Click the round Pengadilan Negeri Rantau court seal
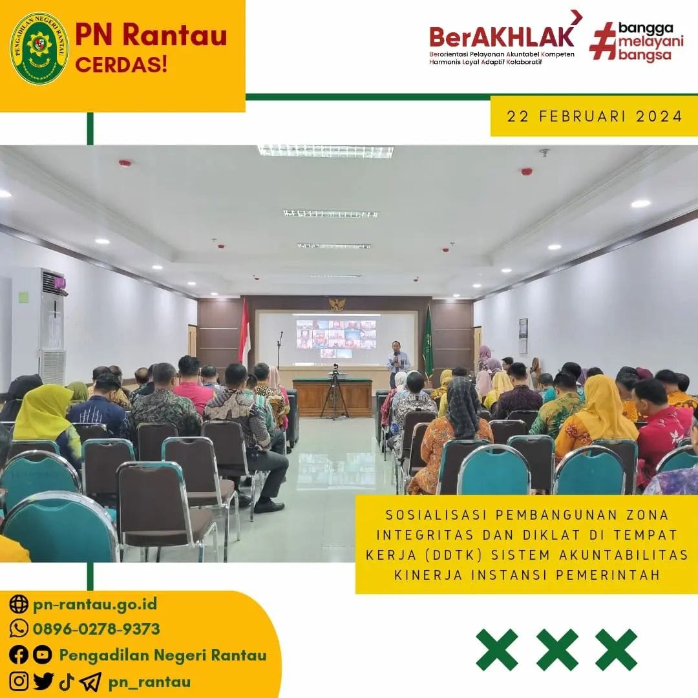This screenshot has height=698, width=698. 39,48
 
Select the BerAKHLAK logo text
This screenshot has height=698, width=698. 502,37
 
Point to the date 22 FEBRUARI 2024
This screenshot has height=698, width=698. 595,116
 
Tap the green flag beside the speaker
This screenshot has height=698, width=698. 428,342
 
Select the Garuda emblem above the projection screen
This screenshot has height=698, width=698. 337,304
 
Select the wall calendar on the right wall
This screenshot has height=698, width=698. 523,336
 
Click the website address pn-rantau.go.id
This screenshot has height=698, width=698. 95,604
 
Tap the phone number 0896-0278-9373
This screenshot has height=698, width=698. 96,629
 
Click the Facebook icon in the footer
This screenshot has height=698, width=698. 19,655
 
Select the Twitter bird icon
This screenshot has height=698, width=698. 43,682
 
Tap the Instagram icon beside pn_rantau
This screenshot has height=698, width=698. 19,681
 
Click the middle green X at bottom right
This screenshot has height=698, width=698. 557,650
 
